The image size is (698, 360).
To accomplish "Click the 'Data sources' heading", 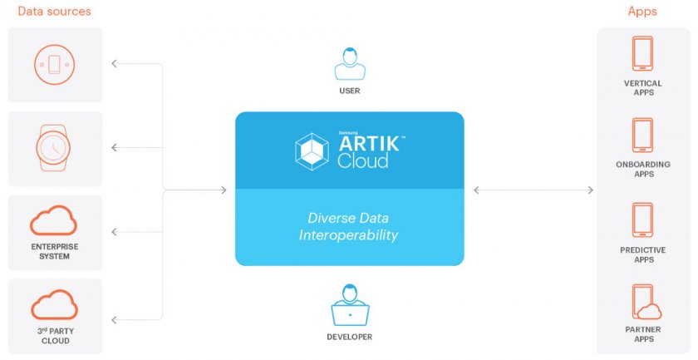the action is tap(54, 11).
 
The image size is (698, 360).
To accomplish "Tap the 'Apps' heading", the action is tap(641, 12).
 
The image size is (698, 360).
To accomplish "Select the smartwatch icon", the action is tap(53, 147).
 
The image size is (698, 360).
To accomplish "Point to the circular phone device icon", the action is tap(54, 64).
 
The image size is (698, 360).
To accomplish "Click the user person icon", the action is tap(350, 64).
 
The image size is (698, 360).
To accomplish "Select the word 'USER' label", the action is tap(350, 91).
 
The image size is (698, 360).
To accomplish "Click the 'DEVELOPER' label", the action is tap(350, 337).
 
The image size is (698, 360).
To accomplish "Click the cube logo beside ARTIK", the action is tap(312, 151).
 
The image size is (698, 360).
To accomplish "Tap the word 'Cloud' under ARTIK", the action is tap(363, 160).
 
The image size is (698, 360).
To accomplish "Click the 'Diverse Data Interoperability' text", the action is tap(348, 226).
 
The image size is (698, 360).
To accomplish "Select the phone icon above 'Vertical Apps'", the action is tap(643, 53).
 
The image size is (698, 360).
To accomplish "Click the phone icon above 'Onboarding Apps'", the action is tap(643, 136).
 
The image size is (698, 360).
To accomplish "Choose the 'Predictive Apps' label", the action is tap(643, 255).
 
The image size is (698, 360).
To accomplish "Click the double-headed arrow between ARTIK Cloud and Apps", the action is tap(533, 190).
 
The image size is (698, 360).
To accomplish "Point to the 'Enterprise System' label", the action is tap(54, 251).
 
